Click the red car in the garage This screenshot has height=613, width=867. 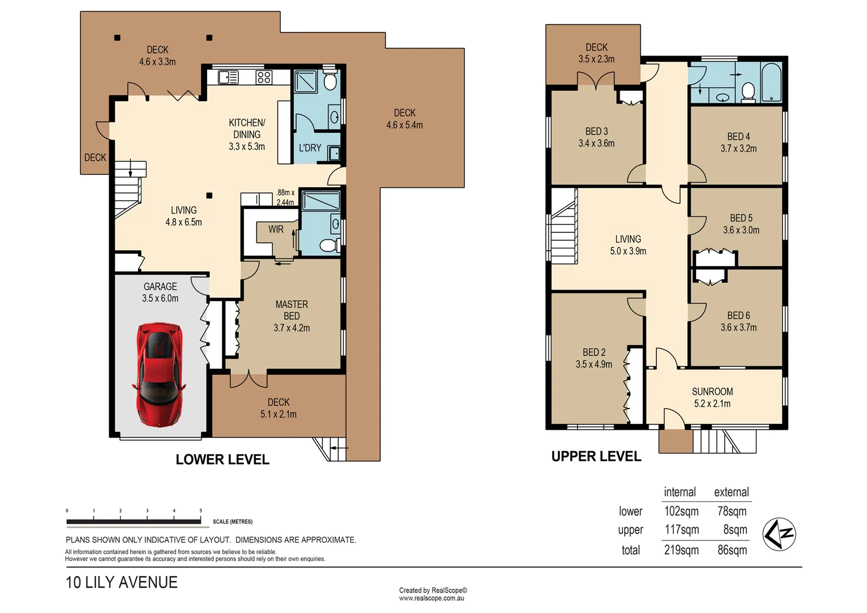pyautogui.click(x=159, y=375)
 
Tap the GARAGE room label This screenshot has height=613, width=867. pyautogui.click(x=160, y=287)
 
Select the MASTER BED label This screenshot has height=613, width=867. pyautogui.click(x=292, y=310)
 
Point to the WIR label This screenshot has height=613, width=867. pyautogui.click(x=276, y=229)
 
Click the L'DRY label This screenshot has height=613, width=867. pyautogui.click(x=310, y=148)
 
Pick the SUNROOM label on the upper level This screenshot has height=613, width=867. pyautogui.click(x=713, y=392)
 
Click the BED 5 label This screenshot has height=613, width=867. pyautogui.click(x=741, y=218)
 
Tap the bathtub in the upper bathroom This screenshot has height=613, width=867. pyautogui.click(x=771, y=82)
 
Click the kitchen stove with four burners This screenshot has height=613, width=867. pyautogui.click(x=264, y=77)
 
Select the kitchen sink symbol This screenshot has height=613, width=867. pyautogui.click(x=228, y=77)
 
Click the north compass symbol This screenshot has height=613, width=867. pyautogui.click(x=778, y=534)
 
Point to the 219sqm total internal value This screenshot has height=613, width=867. pyautogui.click(x=681, y=550)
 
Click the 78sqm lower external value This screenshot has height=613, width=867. pyautogui.click(x=732, y=511)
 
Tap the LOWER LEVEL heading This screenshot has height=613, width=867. pyautogui.click(x=222, y=460)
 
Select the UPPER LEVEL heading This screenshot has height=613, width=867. pyautogui.click(x=596, y=456)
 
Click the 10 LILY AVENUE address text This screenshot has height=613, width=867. pyautogui.click(x=121, y=582)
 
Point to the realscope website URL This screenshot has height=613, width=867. pyautogui.click(x=432, y=598)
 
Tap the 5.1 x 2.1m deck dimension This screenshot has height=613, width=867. pyautogui.click(x=278, y=414)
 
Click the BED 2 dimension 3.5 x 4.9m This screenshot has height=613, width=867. pyautogui.click(x=594, y=364)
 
